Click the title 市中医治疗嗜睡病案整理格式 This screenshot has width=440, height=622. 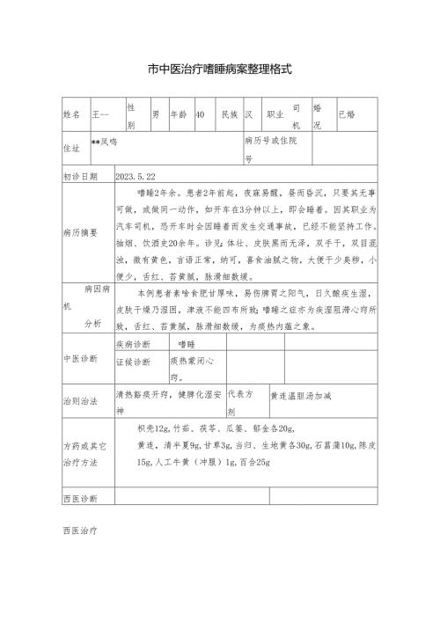[220, 68]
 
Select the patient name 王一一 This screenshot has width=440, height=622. [102, 115]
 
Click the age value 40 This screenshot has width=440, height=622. [201, 115]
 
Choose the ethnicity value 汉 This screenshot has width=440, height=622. [250, 115]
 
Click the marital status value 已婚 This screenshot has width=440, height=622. [348, 115]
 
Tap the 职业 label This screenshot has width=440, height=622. [275, 115]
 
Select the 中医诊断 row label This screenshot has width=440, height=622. [80, 360]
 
